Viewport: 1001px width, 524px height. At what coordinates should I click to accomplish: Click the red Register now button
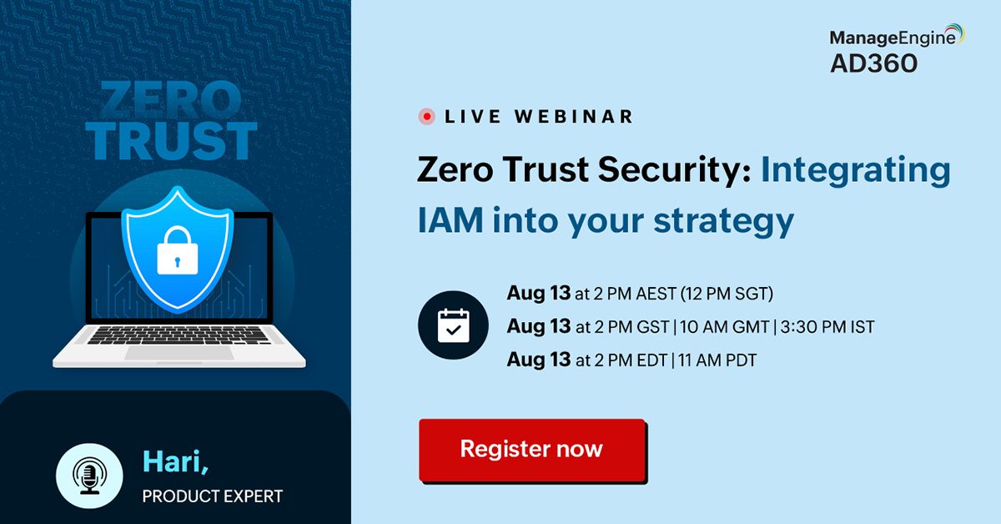(x=531, y=450)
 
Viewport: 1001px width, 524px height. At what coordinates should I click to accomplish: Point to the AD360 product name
(x=873, y=63)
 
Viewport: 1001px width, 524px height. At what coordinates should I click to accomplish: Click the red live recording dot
(x=427, y=117)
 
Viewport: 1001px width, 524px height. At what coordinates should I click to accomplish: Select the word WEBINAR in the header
(x=574, y=117)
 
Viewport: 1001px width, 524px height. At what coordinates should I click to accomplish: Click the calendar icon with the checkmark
(x=453, y=326)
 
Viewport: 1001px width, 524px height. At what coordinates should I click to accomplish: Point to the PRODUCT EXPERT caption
(x=213, y=496)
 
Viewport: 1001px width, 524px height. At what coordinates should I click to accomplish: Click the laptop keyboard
(x=179, y=335)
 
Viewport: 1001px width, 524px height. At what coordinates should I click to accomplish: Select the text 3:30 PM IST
(x=826, y=327)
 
